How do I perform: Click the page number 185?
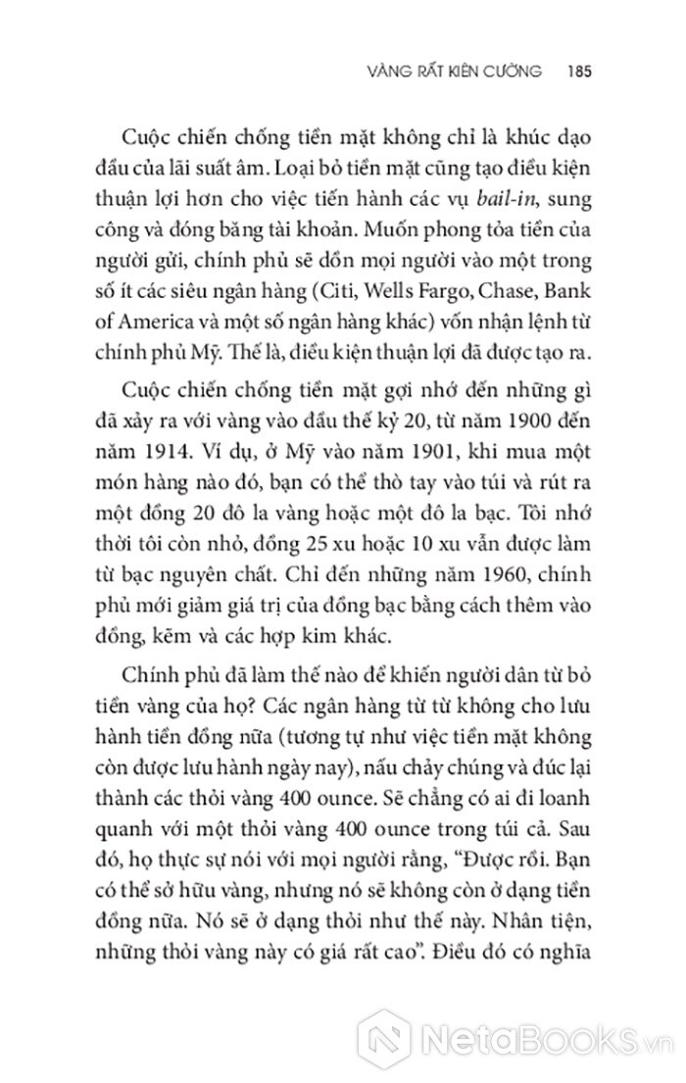(x=572, y=73)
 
